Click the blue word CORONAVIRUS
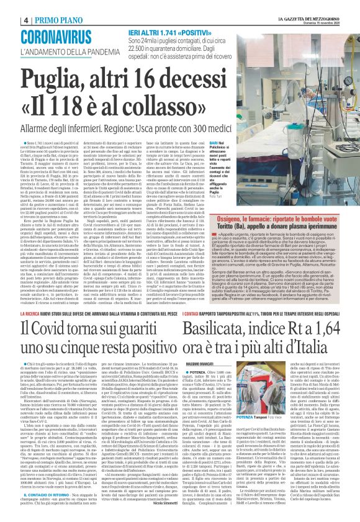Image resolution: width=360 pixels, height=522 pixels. tap(55, 36)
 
